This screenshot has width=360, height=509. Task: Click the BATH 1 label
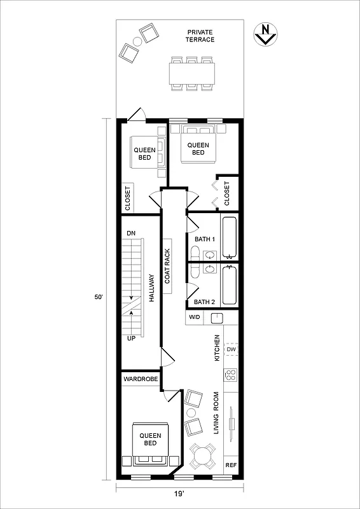point(205,239)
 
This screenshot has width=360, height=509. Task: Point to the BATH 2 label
point(205,302)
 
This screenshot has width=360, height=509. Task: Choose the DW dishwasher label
point(232,350)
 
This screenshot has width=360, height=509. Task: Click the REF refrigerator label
point(232,465)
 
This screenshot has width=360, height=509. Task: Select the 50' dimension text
point(97,297)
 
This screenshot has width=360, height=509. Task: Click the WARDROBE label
point(141,379)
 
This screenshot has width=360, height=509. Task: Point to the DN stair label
point(131,234)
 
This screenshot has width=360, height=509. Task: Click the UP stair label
point(131,338)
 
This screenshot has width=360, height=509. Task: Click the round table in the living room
point(203,455)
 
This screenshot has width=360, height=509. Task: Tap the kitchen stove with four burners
point(232,375)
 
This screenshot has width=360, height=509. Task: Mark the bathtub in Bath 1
point(229,237)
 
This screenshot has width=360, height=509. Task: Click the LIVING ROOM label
point(217,413)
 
